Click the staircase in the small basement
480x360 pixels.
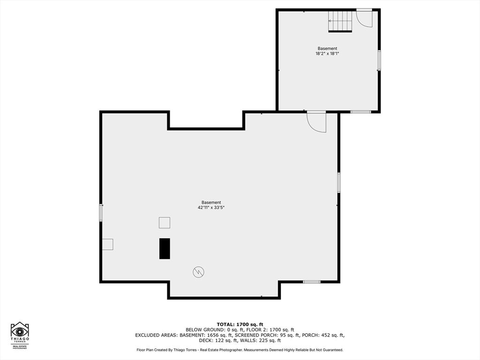pos(340,21)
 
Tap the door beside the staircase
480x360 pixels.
pos(364,18)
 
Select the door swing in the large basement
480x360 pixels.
pos(316,122)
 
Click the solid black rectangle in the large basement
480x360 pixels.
pos(165,248)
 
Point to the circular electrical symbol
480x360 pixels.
pos(198,272)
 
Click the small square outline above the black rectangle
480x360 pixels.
pos(165,223)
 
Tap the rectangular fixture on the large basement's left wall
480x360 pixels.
pos(107,244)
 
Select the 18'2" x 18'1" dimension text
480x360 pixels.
pos(327,53)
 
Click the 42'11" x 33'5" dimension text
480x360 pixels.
pos(211,208)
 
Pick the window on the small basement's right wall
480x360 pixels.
pos(379,60)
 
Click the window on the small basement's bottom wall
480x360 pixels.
pos(360,112)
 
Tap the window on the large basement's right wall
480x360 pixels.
pos(338,183)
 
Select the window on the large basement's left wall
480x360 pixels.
pos(101,213)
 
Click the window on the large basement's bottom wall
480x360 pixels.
pos(312,282)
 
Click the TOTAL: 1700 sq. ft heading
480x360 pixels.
pos(240,324)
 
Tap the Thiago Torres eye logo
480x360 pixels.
pos(20,332)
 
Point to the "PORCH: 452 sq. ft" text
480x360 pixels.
pos(323,335)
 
